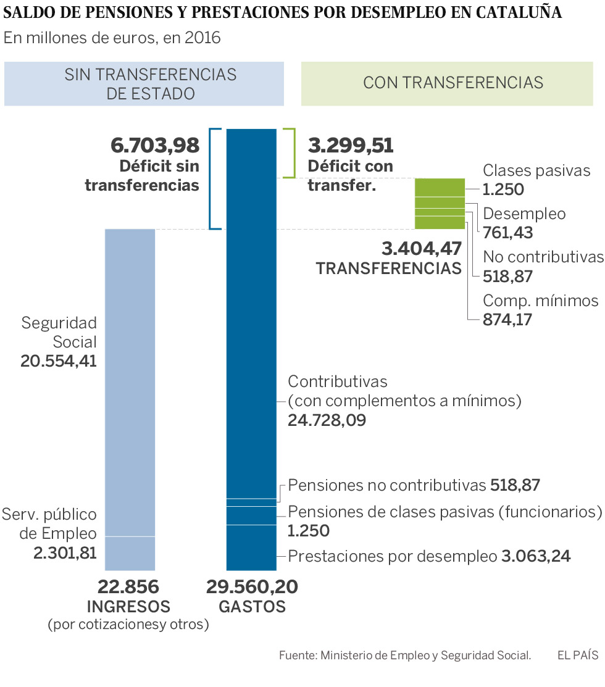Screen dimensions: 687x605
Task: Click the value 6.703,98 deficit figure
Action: pyautogui.click(x=155, y=146)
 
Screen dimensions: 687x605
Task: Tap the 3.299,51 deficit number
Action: pyautogui.click(x=350, y=146)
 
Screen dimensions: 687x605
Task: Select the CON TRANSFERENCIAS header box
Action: pyautogui.click(x=453, y=83)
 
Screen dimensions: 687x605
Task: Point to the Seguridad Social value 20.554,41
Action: pyautogui.click(x=59, y=362)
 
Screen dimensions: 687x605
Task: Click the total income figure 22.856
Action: pyautogui.click(x=128, y=586)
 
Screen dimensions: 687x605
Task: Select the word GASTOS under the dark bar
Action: pyautogui.click(x=252, y=607)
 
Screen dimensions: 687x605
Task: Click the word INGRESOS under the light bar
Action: pyautogui.click(x=128, y=607)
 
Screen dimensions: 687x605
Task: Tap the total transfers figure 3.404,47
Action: pyautogui.click(x=422, y=249)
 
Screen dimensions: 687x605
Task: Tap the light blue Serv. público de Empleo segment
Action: pyautogui.click(x=130, y=553)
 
